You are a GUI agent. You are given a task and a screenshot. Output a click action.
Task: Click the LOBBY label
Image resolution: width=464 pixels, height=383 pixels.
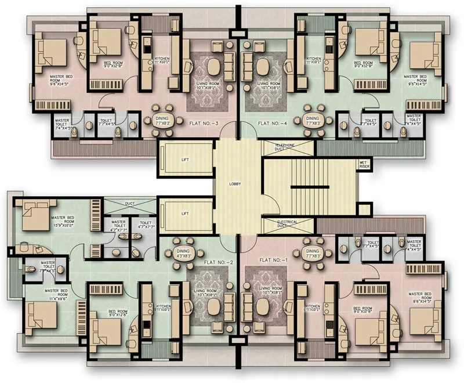[x=235, y=184]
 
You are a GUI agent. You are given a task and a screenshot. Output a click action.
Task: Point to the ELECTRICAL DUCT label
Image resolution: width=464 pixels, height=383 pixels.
[x=287, y=224]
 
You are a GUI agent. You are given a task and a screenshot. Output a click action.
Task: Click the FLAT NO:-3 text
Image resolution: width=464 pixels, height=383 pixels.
[x=204, y=123]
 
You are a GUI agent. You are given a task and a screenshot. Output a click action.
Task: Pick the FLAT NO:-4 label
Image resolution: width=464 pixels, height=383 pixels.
[x=273, y=123]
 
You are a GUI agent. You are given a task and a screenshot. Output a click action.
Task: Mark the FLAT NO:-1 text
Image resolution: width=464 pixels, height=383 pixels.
[x=273, y=259]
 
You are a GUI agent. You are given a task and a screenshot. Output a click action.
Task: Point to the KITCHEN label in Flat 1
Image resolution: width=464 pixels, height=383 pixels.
[x=313, y=308]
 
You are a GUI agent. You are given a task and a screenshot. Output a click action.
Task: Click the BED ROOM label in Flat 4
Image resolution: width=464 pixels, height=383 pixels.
[x=363, y=64]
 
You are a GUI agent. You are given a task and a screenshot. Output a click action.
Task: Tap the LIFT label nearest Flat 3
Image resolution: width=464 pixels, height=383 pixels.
[x=185, y=160]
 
